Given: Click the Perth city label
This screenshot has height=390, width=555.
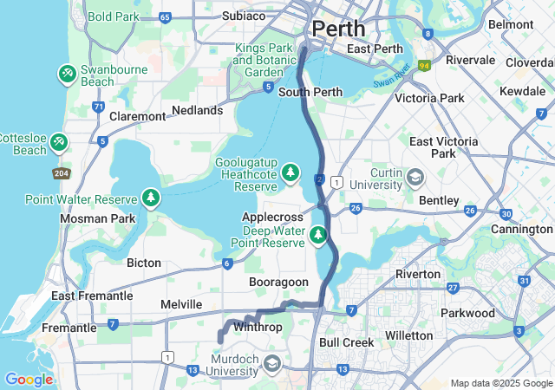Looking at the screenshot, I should coord(338,29).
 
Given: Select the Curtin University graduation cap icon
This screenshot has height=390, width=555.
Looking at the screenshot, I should coord(416,178).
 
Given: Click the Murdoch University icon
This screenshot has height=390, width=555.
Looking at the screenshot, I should coord(272,362).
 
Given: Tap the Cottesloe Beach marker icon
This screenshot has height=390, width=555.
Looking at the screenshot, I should coord(58,141).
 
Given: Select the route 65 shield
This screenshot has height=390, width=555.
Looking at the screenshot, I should coord(165,17).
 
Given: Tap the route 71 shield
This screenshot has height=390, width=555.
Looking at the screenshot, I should coord(98,107).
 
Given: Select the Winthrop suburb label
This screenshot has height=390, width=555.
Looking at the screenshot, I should coord(258,328).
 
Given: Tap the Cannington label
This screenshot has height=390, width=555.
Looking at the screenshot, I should coord(521,229).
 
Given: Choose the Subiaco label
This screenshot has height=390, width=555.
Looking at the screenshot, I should coord(243,16).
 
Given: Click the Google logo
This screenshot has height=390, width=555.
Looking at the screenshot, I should coord(29,380).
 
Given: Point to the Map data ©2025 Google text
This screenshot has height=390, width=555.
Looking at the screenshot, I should coord(500,383).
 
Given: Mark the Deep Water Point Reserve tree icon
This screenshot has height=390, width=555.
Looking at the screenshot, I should coord(318,234).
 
